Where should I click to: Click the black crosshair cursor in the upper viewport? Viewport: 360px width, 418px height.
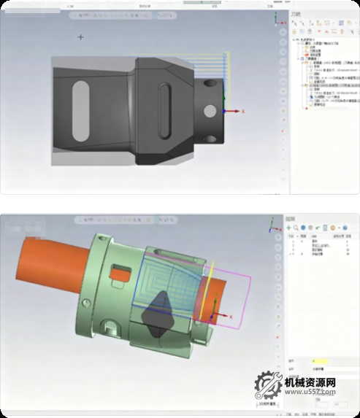[80, 36]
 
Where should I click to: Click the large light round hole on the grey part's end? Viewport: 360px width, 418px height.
[210, 111]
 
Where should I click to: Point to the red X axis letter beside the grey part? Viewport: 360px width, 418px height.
[242, 111]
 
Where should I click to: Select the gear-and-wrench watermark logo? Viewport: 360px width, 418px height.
[268, 386]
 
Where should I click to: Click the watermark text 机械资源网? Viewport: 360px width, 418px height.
[310, 383]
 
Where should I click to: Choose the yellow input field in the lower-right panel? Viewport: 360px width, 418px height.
[318, 360]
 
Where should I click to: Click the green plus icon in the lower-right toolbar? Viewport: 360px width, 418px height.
[288, 228]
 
